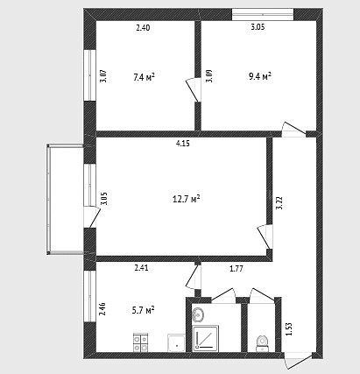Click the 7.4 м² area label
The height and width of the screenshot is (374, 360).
(x=144, y=77)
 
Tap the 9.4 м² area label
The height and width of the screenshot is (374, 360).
(x=260, y=76)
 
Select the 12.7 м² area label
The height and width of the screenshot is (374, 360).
(x=187, y=199)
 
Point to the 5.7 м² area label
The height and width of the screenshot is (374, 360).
(x=143, y=310)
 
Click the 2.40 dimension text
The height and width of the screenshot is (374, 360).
(x=143, y=28)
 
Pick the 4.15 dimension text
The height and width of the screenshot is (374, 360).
(x=183, y=144)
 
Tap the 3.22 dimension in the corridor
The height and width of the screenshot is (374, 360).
(x=279, y=202)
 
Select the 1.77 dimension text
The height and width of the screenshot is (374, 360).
(x=236, y=269)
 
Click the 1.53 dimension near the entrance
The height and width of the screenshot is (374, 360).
(x=289, y=328)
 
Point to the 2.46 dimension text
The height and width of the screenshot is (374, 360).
(x=102, y=309)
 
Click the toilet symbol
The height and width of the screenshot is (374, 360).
(x=262, y=343)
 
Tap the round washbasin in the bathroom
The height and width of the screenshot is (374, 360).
(x=199, y=314)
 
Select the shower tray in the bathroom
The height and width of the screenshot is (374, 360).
(x=206, y=338)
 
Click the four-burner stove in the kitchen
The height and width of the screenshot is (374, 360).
(x=140, y=342)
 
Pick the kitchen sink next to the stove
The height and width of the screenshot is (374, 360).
(x=176, y=342)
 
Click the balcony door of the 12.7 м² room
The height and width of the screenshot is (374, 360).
(x=92, y=216)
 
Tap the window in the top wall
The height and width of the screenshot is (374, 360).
(x=263, y=14)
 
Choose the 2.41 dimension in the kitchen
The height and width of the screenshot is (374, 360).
(x=141, y=268)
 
